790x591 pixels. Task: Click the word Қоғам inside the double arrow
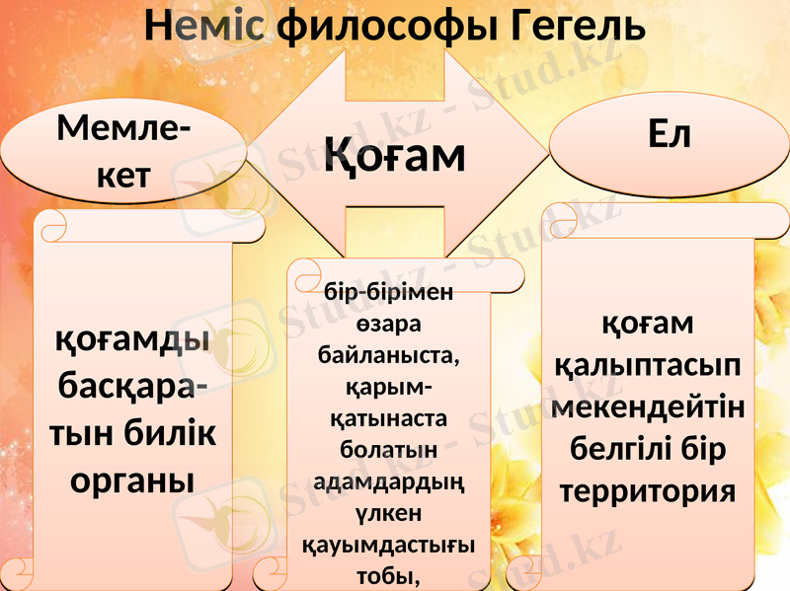[x=395, y=155]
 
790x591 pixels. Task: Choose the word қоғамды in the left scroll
[x=132, y=340]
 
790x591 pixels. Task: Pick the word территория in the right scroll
[x=649, y=490]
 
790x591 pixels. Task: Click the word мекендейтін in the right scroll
[x=649, y=406]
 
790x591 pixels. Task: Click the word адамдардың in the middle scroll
[x=388, y=481]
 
